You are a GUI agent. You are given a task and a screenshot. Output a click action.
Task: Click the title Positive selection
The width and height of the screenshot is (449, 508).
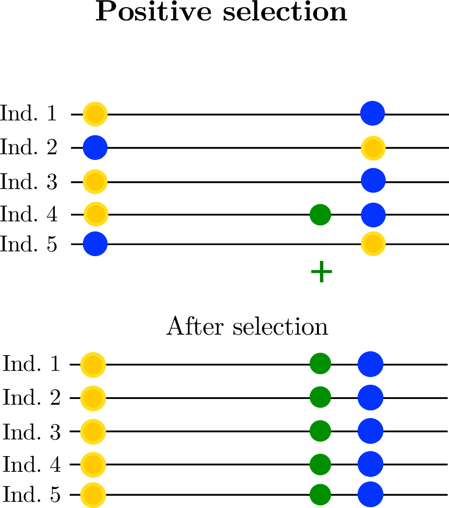point(222,12)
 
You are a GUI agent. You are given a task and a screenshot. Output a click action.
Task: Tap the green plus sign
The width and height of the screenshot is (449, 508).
point(321,272)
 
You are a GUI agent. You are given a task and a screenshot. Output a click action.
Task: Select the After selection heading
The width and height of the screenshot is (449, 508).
point(247,327)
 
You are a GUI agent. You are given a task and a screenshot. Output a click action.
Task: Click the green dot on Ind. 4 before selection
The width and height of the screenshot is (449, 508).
point(320,215)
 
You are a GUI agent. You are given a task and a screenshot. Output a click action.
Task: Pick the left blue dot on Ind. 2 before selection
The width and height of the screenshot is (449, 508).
point(95,148)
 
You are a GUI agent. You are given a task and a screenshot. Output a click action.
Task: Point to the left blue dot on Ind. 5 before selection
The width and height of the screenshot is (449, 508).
point(95,244)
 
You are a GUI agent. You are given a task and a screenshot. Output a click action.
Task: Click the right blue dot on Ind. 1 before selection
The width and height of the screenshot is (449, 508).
point(372,114)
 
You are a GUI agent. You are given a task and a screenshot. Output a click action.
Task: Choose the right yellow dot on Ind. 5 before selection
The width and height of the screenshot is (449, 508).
point(373,244)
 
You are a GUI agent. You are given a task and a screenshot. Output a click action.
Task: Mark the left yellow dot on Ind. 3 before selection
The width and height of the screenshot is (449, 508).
point(95,181)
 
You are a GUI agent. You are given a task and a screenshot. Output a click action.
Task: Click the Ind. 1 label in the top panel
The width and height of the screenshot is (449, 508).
point(29,114)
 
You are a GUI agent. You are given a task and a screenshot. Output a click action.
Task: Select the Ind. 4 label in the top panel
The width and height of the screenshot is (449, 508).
point(29,215)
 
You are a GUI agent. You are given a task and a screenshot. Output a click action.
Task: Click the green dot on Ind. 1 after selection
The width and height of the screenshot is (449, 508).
point(320,364)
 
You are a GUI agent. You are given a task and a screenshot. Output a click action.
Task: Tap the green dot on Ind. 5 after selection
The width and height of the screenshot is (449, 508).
point(320,495)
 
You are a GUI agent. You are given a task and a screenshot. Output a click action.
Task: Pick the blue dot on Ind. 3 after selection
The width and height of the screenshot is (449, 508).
point(370,431)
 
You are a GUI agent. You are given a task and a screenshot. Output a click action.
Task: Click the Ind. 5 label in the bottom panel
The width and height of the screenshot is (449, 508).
point(32,495)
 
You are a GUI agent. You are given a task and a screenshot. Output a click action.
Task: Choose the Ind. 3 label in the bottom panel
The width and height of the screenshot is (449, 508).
point(32,431)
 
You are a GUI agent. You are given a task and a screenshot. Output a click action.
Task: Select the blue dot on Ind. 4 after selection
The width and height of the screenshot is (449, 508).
point(370,463)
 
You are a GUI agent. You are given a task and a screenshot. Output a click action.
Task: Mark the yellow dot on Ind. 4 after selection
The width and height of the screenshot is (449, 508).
point(93,463)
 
